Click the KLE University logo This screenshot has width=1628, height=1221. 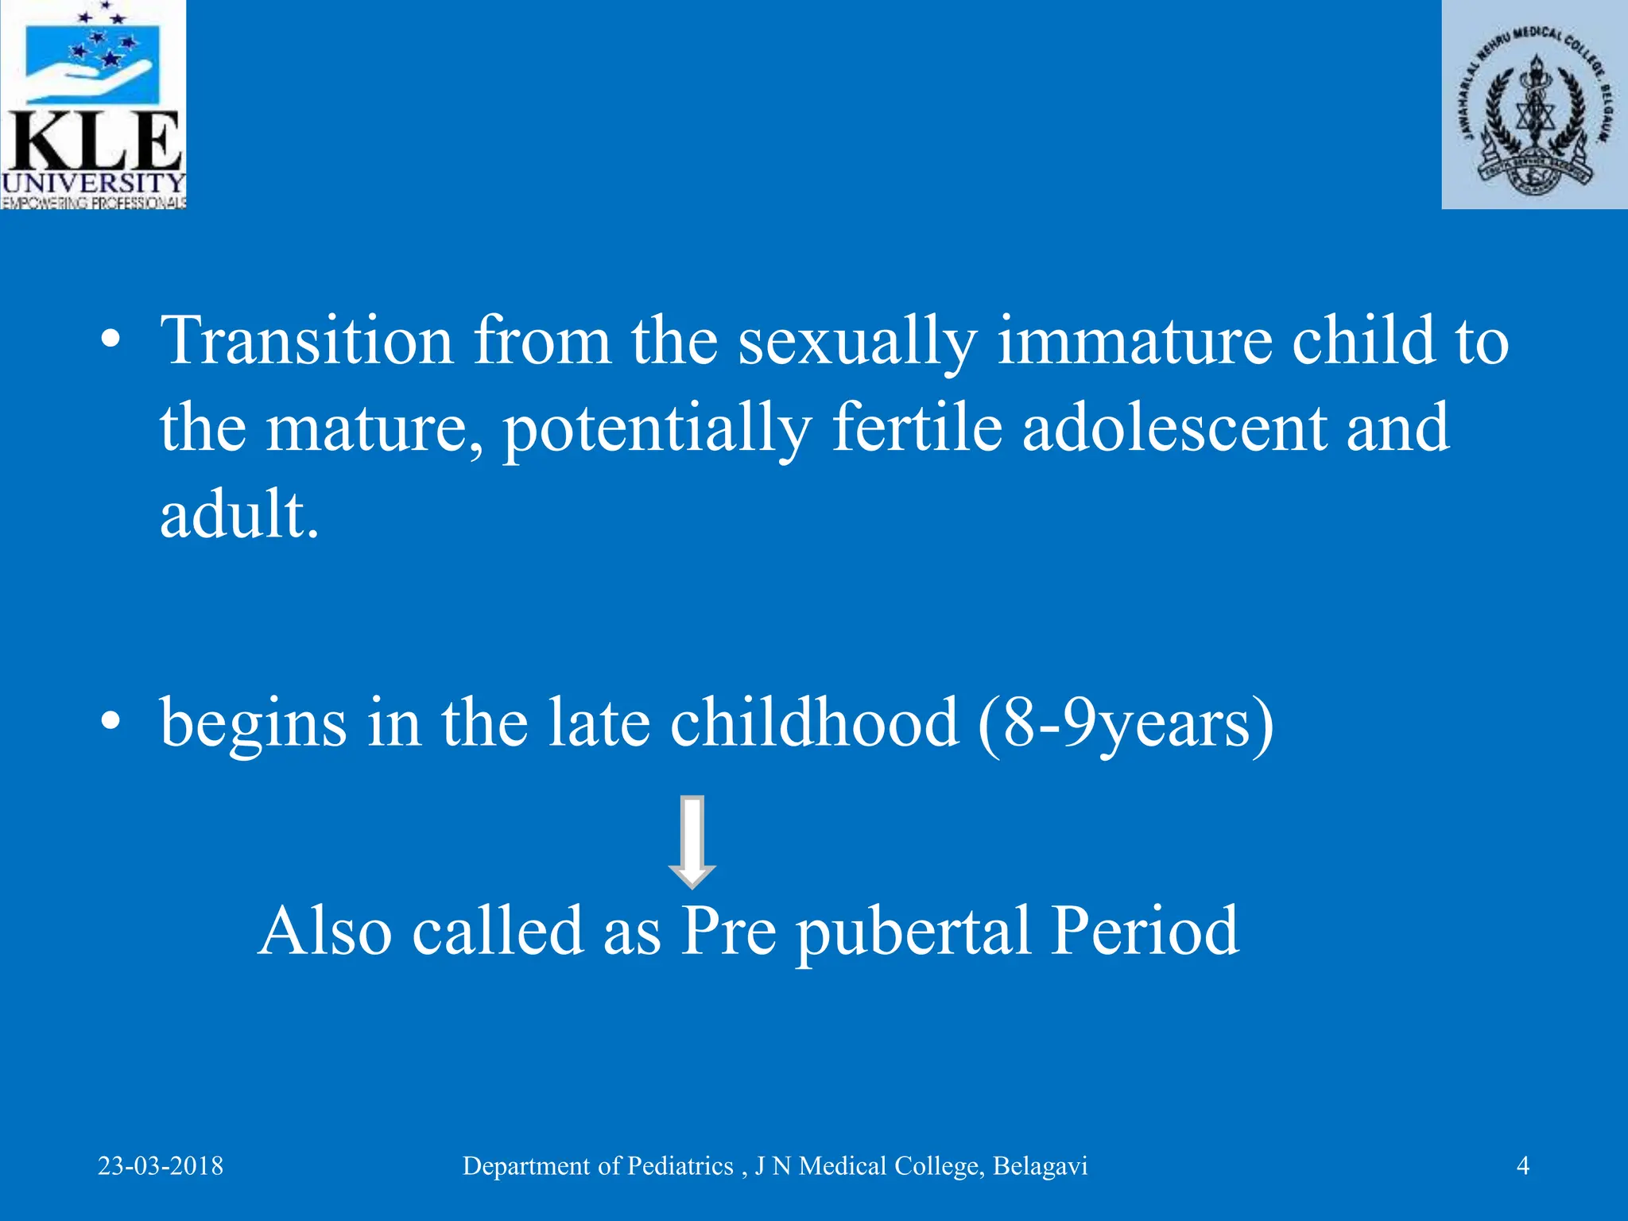click(93, 104)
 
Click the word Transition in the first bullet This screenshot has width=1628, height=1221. click(307, 341)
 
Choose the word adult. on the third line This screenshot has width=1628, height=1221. click(239, 514)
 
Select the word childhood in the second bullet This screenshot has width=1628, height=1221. click(814, 723)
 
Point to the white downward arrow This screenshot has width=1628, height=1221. click(692, 842)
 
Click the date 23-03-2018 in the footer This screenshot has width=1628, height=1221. click(161, 1166)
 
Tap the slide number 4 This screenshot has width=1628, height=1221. click(1523, 1166)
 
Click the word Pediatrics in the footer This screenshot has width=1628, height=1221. click(680, 1166)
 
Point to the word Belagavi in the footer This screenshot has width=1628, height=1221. click(1040, 1166)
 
